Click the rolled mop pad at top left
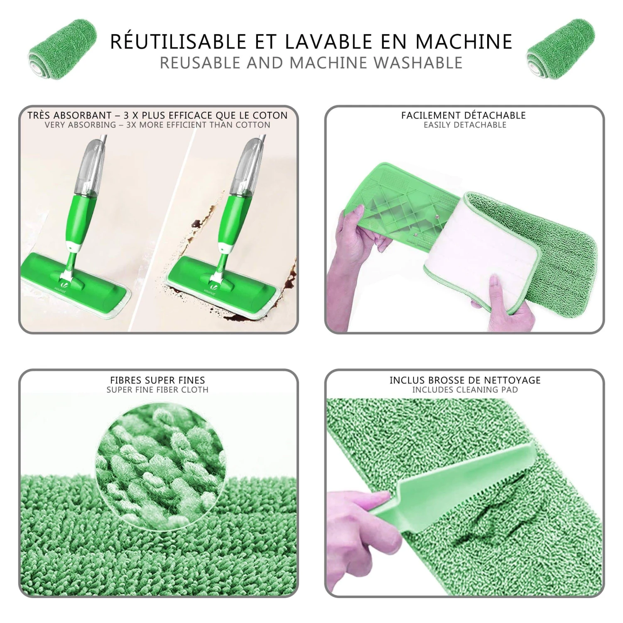click(62, 50)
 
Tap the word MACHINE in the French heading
click(464, 42)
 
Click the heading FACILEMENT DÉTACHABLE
click(464, 115)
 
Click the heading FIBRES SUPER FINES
click(157, 380)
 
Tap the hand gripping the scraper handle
click(357, 511)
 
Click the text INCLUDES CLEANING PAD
click(465, 390)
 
